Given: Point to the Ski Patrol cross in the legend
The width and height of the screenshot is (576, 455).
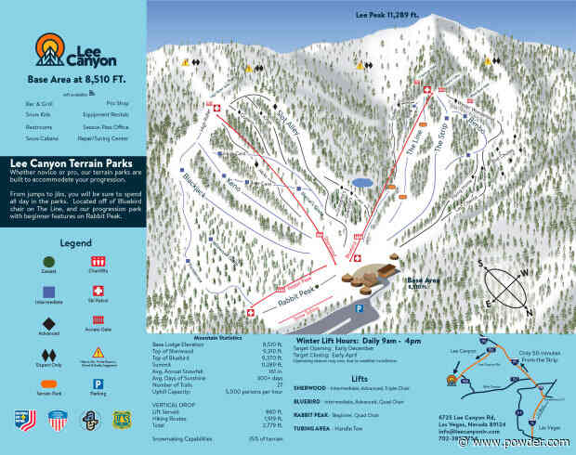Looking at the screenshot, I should tap(98, 292).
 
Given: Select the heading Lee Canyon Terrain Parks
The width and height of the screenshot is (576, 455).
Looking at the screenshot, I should tap(72, 161).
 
